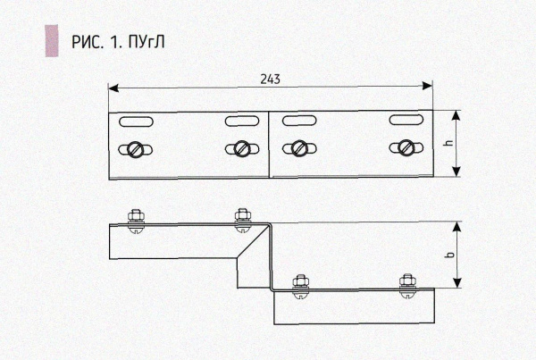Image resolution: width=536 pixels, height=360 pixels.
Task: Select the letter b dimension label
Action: pos(448,256)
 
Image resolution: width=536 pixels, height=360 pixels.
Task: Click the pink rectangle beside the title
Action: pos(51,42)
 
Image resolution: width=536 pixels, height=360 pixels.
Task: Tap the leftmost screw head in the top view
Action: pos(137,148)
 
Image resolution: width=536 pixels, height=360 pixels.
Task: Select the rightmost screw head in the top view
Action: pos(406,147)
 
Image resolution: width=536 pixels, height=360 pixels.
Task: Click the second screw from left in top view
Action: pos(241,148)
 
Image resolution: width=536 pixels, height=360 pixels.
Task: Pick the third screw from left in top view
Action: pos(297,148)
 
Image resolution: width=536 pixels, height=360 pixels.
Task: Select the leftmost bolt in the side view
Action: pos(137,217)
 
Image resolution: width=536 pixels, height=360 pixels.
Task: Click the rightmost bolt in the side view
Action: pos(407,282)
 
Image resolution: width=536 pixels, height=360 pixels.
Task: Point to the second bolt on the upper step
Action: pos(241,217)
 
